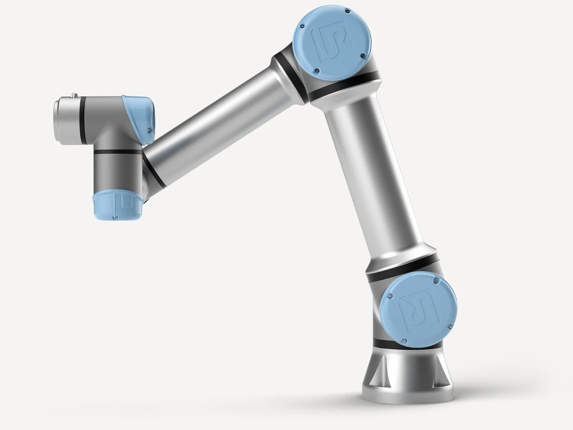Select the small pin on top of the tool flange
[75, 94]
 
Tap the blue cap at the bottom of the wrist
[118, 205]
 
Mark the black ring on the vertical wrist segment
[117, 152]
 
